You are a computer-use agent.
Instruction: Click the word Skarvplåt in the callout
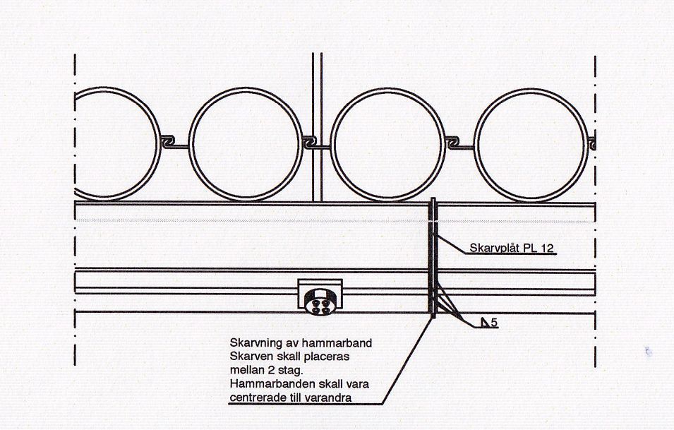point(494,248)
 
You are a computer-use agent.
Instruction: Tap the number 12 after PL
point(547,248)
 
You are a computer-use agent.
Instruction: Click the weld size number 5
point(494,323)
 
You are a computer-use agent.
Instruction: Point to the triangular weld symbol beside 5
point(486,323)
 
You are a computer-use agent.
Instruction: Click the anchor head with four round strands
point(320,301)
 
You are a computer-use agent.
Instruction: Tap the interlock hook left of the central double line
point(310,143)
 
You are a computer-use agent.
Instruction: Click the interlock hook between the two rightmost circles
point(453,143)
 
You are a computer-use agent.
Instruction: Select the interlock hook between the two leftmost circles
point(168,142)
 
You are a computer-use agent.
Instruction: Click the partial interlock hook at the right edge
point(592,143)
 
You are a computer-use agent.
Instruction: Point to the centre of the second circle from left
point(246,145)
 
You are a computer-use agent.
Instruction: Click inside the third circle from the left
point(387,145)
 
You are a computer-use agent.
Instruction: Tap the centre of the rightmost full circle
point(531,145)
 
